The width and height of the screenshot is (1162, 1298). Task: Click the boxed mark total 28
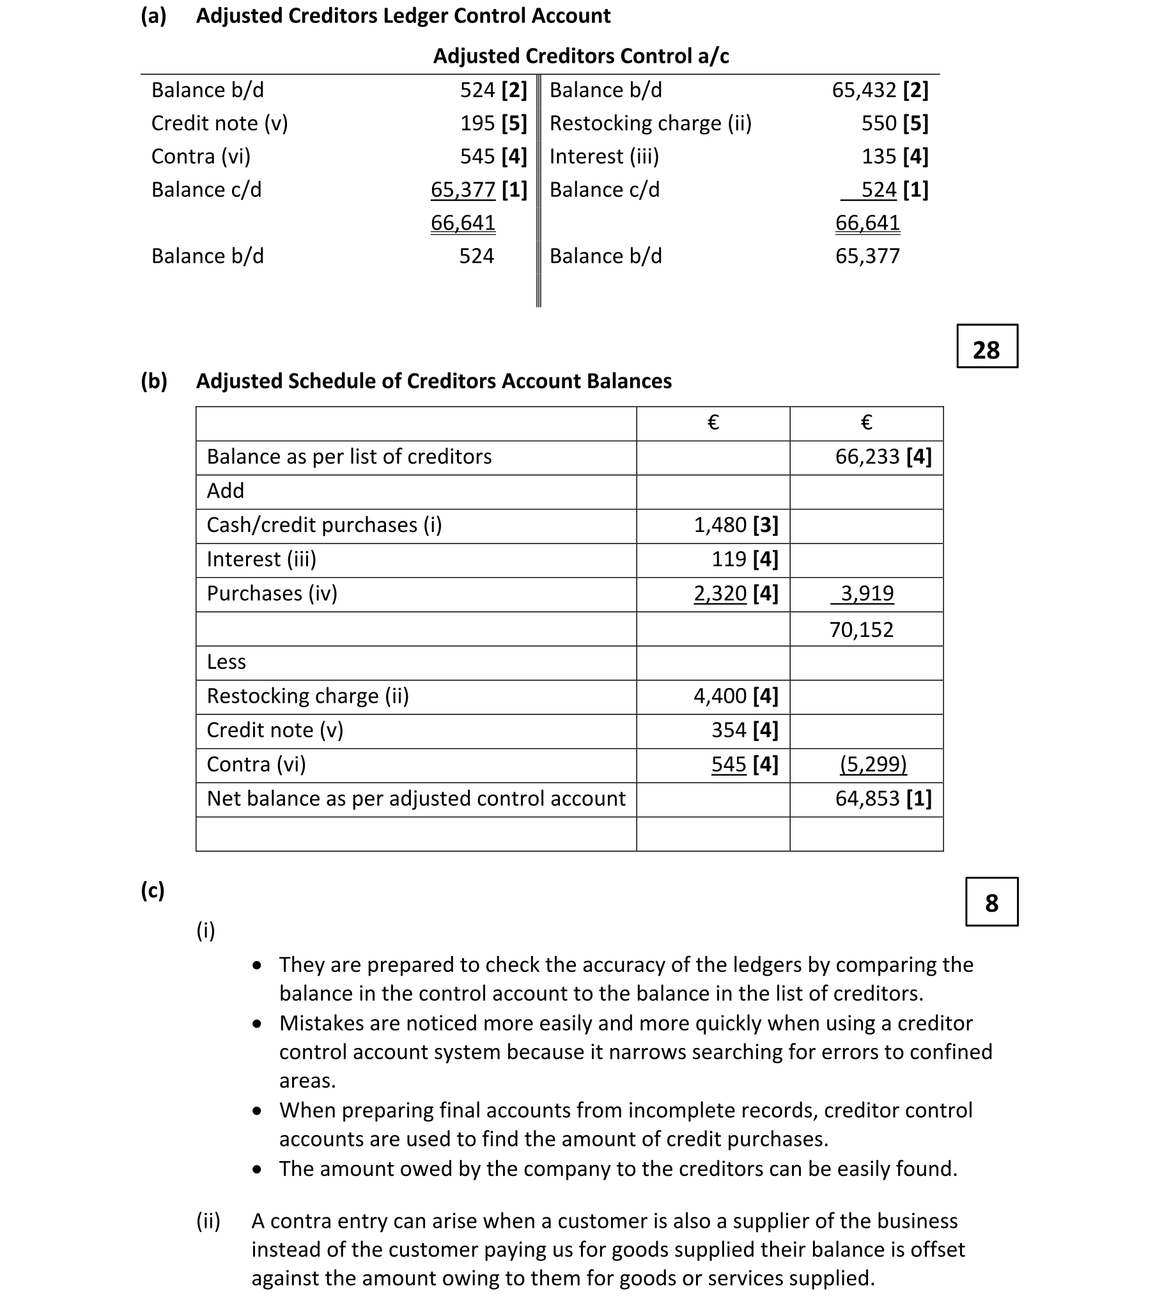click(986, 349)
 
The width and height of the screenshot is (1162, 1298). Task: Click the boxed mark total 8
click(991, 903)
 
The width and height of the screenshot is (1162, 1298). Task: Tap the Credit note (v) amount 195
click(477, 123)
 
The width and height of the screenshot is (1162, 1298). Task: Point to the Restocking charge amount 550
click(879, 123)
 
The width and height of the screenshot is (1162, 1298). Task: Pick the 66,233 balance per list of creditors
click(867, 457)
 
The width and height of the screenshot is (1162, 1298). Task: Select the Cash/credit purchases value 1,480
click(720, 526)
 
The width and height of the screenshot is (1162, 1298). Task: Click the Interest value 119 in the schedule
click(729, 559)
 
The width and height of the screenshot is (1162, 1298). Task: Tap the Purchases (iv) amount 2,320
click(720, 594)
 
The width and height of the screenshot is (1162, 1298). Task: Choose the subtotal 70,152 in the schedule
click(861, 630)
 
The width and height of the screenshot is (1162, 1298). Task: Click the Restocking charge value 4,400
click(720, 696)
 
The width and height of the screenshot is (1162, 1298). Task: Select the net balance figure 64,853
click(867, 799)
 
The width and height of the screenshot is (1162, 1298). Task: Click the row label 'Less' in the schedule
click(226, 662)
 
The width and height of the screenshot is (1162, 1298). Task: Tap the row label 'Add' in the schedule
click(225, 491)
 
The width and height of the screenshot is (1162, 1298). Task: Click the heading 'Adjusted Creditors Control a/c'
click(580, 56)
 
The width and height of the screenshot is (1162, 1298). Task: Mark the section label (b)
click(153, 381)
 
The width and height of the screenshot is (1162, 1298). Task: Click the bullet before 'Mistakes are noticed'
click(257, 1024)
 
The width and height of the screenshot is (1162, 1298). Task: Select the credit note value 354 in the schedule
click(729, 730)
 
